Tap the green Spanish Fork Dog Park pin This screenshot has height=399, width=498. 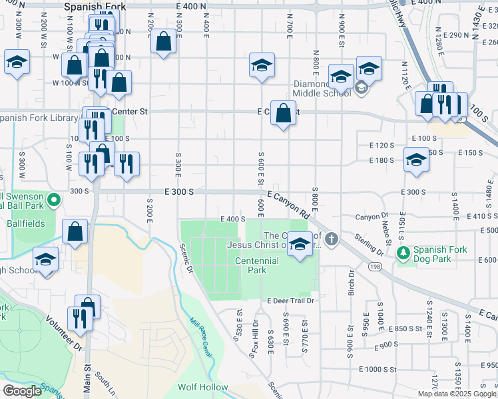tap(402, 253)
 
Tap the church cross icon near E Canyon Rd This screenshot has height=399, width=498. tap(332, 238)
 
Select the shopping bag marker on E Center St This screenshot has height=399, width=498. tap(284, 113)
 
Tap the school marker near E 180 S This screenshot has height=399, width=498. tap(416, 160)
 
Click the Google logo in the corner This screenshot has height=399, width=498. tap(22, 391)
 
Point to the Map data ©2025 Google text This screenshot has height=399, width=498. tap(457, 394)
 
